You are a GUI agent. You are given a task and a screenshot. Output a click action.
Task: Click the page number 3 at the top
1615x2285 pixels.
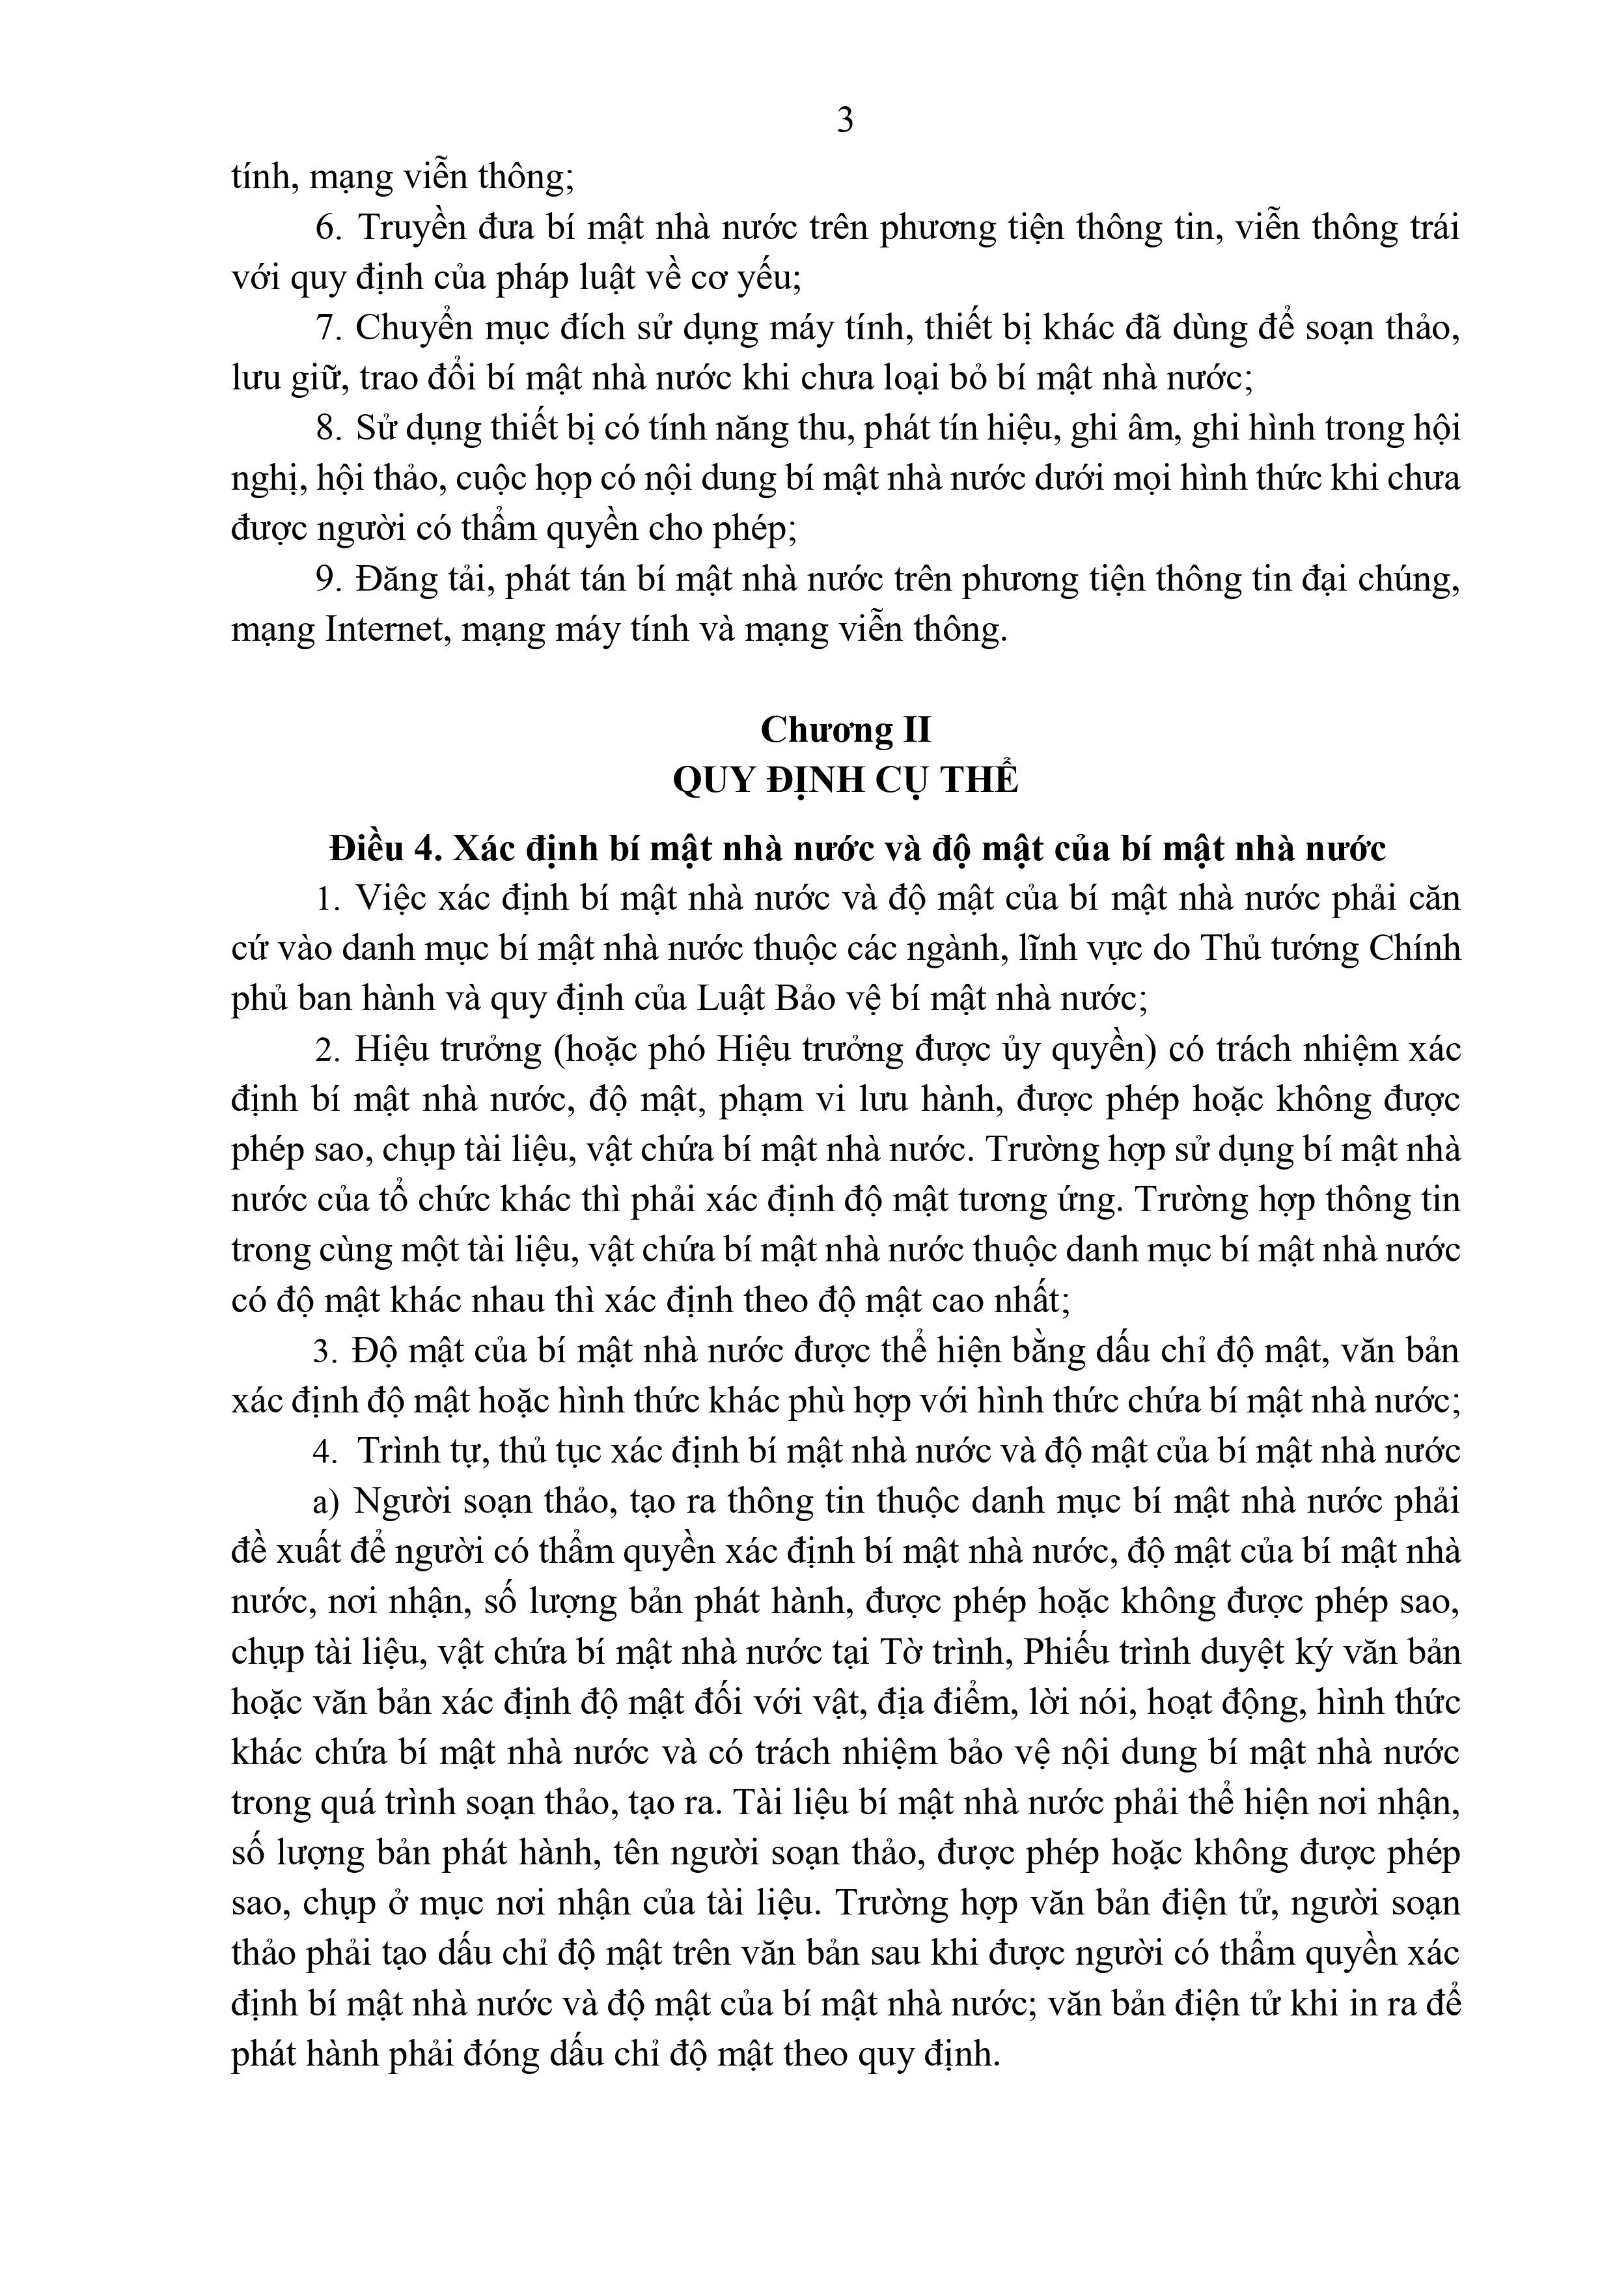(845, 120)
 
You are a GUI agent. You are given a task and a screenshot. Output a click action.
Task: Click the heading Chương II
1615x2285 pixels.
(845, 729)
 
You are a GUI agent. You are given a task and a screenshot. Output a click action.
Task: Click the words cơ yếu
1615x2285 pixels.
(759, 277)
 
